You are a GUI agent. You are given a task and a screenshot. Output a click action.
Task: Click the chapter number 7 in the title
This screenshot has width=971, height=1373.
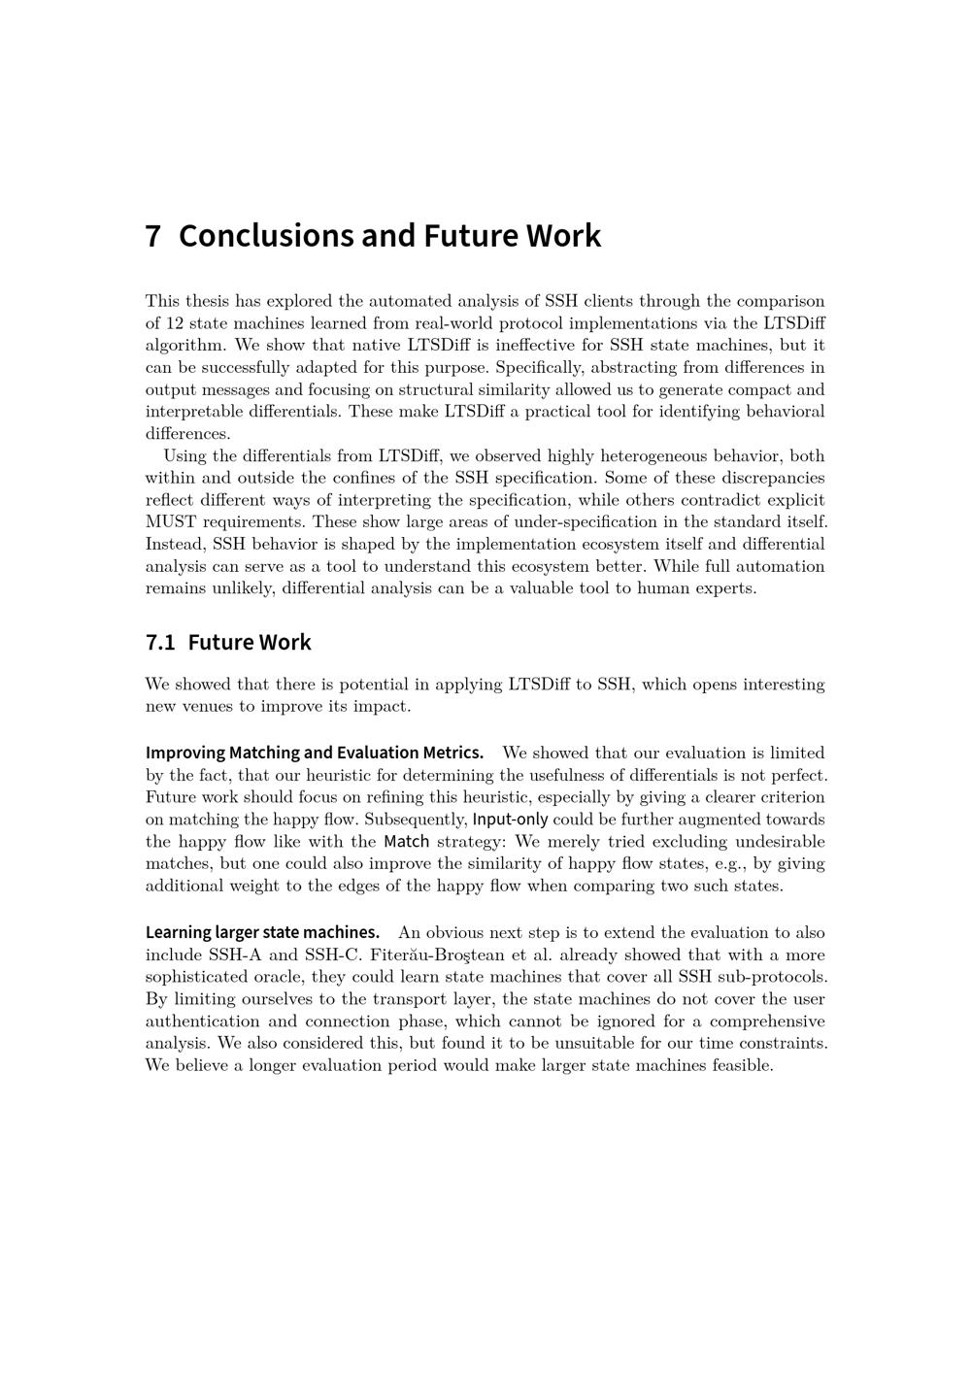coord(152,236)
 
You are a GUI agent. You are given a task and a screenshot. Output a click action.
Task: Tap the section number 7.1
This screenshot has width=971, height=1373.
coord(160,643)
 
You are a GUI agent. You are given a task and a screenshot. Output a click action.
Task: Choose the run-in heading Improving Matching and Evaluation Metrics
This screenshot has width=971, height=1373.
coord(315,753)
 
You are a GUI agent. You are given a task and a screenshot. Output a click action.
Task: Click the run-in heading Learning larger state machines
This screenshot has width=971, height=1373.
coord(262,933)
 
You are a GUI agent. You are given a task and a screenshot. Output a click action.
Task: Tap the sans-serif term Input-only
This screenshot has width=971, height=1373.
coord(510,820)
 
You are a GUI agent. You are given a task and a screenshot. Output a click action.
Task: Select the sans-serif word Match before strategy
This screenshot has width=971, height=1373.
coord(406,842)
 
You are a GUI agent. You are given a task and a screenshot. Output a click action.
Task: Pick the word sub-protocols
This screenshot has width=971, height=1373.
coord(775,978)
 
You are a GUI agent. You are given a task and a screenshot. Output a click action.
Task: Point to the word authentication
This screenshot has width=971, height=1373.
coord(208,1021)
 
